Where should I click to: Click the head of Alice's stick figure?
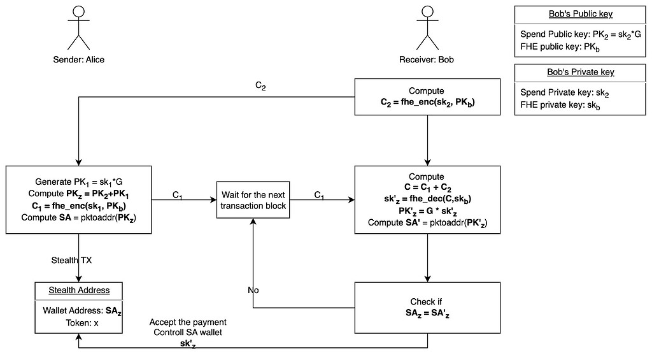[78, 12]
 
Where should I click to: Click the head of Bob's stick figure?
[427, 12]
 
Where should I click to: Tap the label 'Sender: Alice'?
[78, 60]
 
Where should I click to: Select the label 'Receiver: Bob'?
[427, 60]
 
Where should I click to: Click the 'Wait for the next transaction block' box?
[253, 200]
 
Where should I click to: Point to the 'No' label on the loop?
[253, 290]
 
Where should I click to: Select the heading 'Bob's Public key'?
[580, 14]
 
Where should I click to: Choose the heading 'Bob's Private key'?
[580, 72]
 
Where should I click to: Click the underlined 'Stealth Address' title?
[79, 290]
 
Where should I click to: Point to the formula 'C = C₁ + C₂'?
[427, 188]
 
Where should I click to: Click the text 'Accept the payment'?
[188, 322]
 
